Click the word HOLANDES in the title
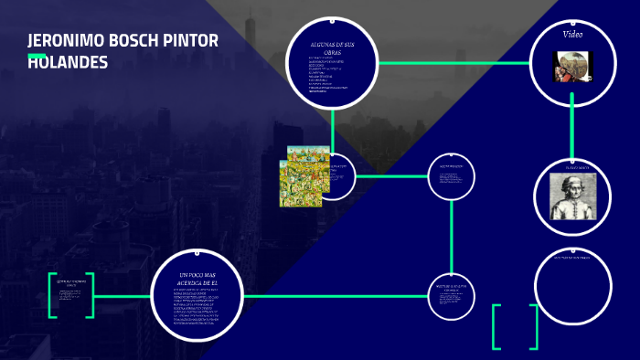coord(68,62)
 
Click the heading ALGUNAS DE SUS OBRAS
coord(332,48)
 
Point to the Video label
coord(572,34)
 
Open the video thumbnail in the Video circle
coord(573,66)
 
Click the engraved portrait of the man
coord(572,196)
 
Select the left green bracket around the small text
coord(52,295)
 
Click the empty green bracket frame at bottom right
coord(515,326)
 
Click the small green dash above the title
coord(37,55)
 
